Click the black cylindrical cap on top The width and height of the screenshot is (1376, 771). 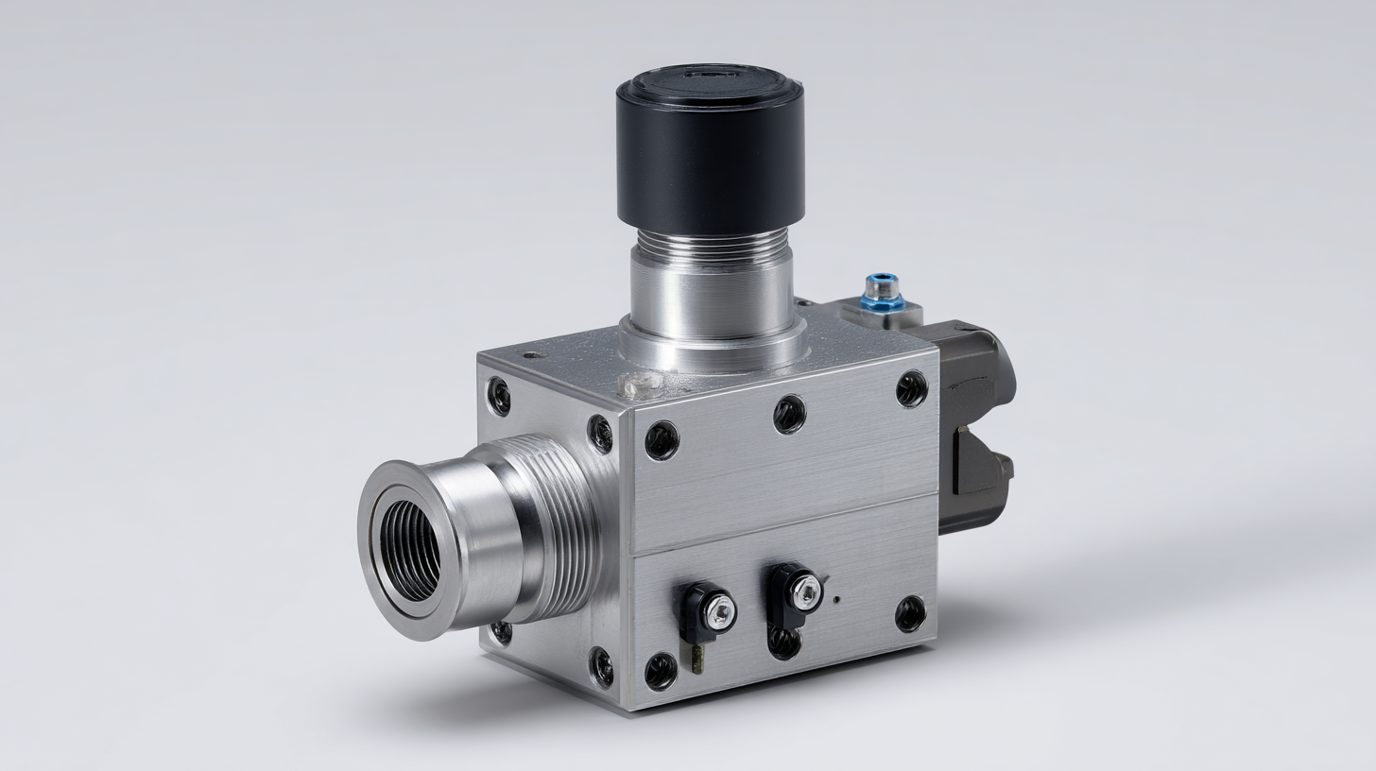710,151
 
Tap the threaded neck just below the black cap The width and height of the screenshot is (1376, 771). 712,248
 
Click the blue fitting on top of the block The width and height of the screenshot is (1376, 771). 881,291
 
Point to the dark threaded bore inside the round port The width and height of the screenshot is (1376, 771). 409,550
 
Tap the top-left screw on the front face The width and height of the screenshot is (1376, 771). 661,440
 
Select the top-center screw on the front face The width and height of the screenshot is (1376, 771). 789,414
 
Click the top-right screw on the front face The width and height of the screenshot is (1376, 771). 911,388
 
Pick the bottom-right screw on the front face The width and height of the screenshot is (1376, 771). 910,613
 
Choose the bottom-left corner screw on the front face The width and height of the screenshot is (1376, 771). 660,671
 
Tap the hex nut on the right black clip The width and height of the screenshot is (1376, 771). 805,591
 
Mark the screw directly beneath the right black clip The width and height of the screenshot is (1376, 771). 783,642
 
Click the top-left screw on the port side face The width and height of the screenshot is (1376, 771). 498,397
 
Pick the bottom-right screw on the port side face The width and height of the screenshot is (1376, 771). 601,666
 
